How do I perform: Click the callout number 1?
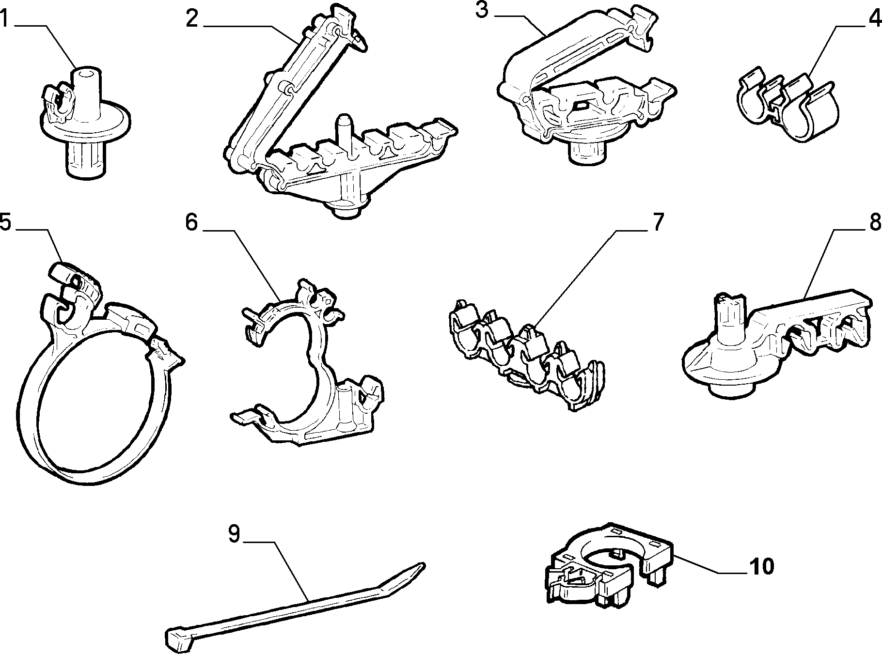click(4, 19)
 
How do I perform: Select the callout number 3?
click(481, 10)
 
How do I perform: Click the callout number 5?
click(5, 222)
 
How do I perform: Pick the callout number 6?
click(191, 222)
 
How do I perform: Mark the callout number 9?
click(234, 534)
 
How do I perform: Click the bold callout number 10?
click(761, 566)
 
